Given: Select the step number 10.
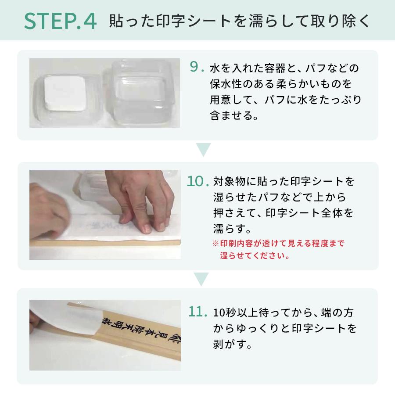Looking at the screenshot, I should coord(197,181).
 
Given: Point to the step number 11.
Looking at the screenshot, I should coord(197,311).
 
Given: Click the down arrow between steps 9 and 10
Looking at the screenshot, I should coord(203,149).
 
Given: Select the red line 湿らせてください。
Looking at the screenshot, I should coord(255,256).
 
